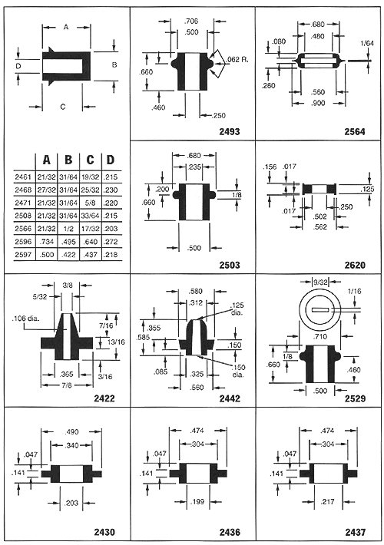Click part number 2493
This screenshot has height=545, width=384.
pos(230,132)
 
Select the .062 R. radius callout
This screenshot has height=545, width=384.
pos(237,59)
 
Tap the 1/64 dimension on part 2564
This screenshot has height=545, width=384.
pos(367,44)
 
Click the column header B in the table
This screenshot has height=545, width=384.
pos(68,160)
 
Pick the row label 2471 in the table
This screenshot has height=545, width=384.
pos(23,203)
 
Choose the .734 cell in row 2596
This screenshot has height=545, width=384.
pos(47,242)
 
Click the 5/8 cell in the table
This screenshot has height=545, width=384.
pos(90,203)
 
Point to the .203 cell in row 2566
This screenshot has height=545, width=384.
pos(111,229)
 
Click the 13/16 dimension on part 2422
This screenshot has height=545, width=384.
pos(116,342)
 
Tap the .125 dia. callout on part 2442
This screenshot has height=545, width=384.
pos(237,309)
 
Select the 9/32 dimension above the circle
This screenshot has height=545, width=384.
pos(320,282)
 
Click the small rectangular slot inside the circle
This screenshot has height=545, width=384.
pos(320,310)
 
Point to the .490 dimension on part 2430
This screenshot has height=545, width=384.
pos(71,432)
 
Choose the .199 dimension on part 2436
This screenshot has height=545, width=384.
pos(197,501)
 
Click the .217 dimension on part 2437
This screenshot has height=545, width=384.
pos(328,501)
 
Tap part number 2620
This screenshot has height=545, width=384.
pos(355,265)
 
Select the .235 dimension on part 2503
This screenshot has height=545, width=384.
pos(194,167)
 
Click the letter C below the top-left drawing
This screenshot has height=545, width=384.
pos(63,107)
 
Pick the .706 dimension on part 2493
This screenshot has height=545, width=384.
pos(191,21)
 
